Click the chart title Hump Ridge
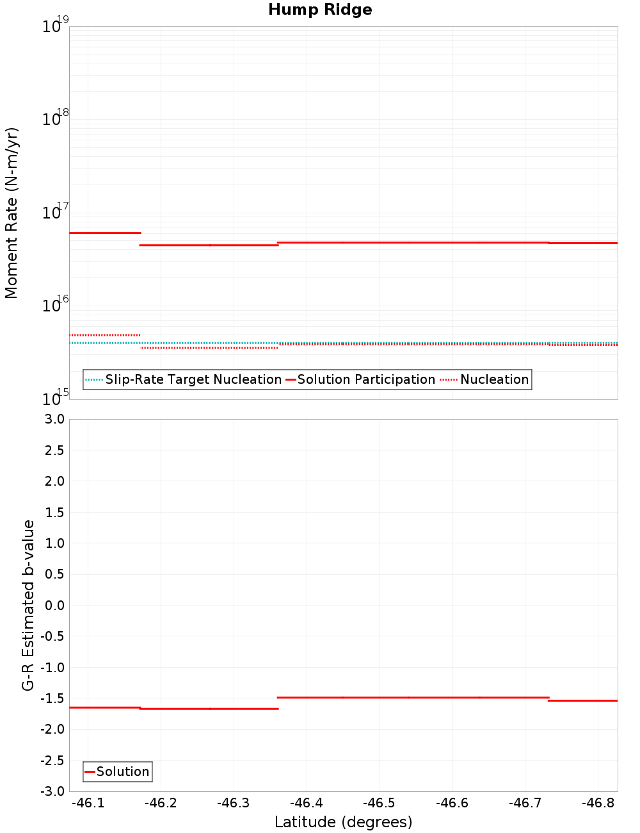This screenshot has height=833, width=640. click(x=320, y=10)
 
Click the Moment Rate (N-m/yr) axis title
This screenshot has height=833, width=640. click(x=12, y=213)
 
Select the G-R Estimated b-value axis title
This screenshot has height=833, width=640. click(x=28, y=605)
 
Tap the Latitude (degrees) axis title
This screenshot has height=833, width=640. click(x=343, y=822)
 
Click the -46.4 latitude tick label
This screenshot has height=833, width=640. click(x=307, y=803)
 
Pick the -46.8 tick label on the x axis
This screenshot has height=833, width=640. click(x=599, y=803)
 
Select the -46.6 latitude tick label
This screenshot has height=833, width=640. click(x=452, y=803)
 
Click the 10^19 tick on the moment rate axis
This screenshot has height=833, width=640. click(x=55, y=26)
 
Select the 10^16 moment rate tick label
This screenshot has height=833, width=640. click(x=55, y=305)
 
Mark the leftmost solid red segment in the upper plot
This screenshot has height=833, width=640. click(x=105, y=233)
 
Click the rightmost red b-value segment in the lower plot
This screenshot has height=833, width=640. click(x=582, y=700)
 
